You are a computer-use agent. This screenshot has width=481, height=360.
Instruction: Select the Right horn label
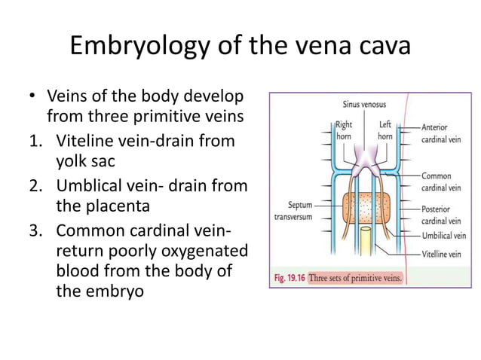click(344, 131)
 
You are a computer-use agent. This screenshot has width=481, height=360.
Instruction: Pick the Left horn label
click(384, 131)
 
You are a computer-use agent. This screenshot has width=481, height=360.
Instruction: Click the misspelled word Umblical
click(90, 185)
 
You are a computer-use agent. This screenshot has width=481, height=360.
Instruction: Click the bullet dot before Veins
click(32, 98)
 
